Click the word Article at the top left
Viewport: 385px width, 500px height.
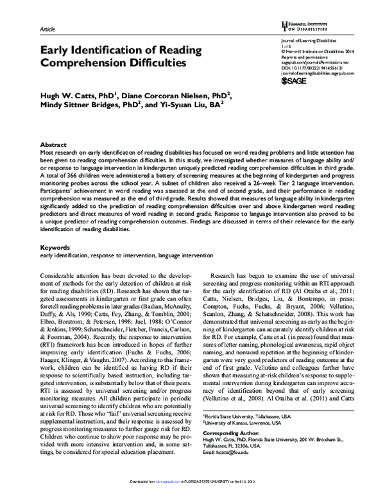pyautogui.click(x=48, y=30)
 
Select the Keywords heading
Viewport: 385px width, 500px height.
pyautogui.click(x=55, y=247)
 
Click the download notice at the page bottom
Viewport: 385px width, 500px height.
pyautogui.click(x=193, y=496)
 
